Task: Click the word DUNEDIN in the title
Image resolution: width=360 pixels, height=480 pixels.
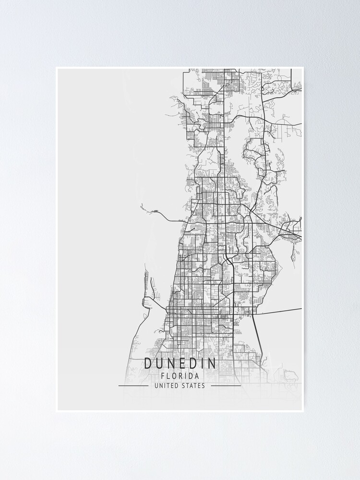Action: (180, 363)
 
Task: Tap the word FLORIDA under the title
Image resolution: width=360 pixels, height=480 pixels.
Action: (180, 376)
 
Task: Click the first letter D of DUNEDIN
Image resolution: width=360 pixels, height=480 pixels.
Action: (148, 363)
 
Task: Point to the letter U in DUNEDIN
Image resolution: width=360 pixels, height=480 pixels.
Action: (159, 363)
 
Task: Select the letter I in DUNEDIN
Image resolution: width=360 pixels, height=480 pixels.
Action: (203, 363)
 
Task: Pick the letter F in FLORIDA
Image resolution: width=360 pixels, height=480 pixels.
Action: (163, 376)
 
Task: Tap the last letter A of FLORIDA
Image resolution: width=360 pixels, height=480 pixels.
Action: (197, 376)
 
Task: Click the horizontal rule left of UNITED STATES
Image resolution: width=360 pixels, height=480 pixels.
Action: (133, 385)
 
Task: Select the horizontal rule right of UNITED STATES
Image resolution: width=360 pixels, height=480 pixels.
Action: (226, 385)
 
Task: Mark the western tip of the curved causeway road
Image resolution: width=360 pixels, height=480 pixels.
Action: (142, 206)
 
